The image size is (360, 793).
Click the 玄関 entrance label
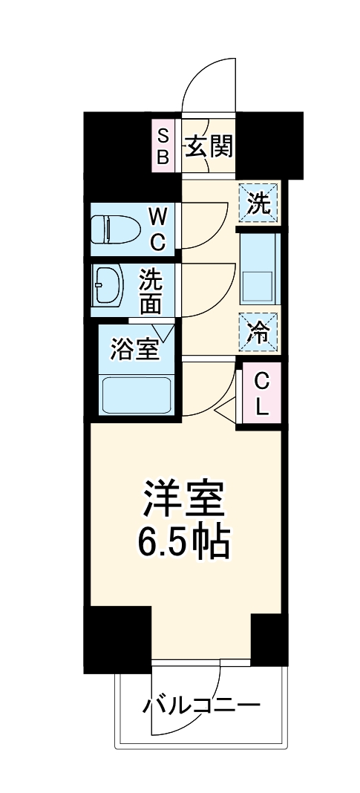pos(209,146)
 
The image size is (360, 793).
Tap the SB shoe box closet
pos(163,146)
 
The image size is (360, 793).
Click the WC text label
pos(158,229)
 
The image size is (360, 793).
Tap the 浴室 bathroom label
pos(135,349)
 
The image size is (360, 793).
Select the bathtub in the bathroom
pos(137,395)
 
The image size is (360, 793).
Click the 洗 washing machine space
pos(259,203)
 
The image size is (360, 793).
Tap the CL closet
pos(260,394)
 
